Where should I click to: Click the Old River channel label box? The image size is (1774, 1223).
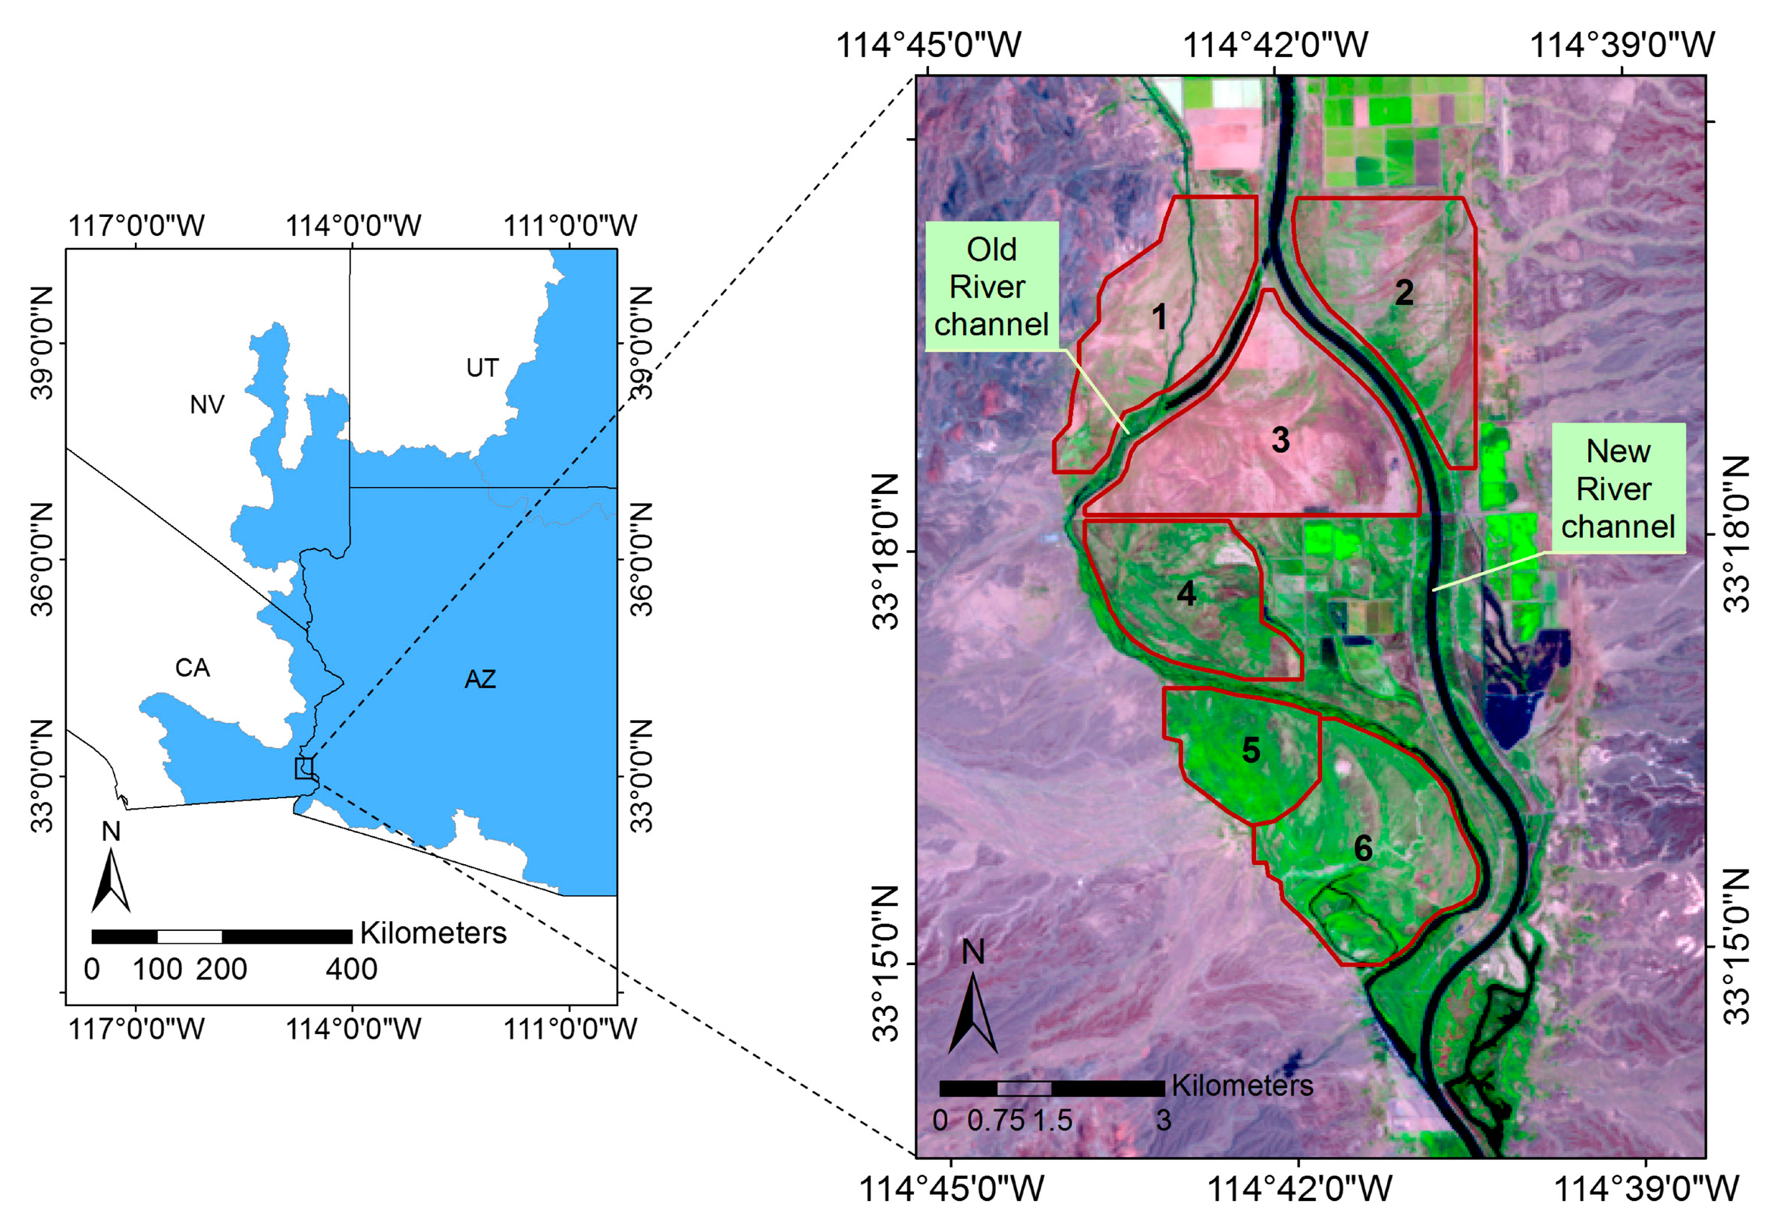click(991, 286)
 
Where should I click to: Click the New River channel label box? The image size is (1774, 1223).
click(1618, 488)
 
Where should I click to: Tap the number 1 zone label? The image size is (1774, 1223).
click(1159, 316)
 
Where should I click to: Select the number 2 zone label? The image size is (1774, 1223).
click(1403, 292)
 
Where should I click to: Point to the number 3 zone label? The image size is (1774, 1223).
click(1280, 439)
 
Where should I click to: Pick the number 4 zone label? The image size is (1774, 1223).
click(1185, 593)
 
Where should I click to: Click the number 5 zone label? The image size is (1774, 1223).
click(1251, 750)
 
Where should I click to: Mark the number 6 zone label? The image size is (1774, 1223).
click(1363, 847)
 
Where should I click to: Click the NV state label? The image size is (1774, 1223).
click(207, 404)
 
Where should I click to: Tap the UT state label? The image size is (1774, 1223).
click(482, 368)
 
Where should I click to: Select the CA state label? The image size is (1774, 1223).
click(192, 668)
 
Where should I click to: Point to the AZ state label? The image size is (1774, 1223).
click(480, 679)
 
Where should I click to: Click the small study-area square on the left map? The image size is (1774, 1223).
click(304, 768)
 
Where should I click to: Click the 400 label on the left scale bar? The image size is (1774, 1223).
click(351, 970)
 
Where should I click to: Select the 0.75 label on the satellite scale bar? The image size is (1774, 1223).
click(995, 1121)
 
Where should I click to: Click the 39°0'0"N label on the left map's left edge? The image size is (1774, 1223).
click(42, 342)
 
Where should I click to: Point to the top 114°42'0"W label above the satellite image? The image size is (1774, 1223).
click(1276, 46)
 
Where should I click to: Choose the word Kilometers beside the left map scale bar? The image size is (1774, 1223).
click(434, 932)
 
